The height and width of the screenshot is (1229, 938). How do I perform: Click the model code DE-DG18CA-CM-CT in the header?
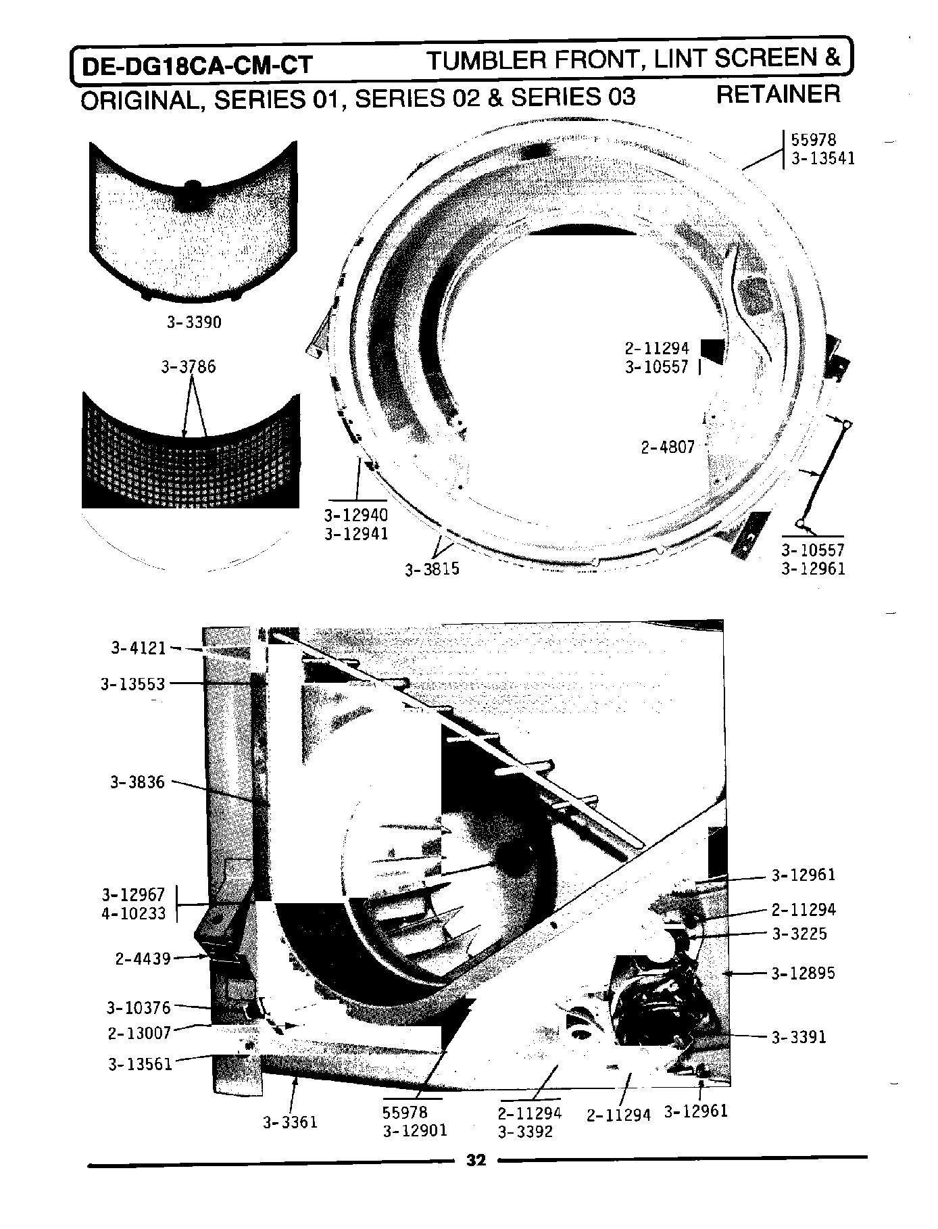click(197, 66)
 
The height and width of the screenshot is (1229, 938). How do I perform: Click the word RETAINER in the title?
click(778, 93)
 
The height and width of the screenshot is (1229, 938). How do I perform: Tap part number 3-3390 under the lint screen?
click(194, 322)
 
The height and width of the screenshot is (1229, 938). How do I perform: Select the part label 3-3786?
click(189, 367)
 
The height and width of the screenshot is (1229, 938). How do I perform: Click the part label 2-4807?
click(668, 448)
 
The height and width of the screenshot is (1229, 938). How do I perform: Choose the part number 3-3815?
click(432, 569)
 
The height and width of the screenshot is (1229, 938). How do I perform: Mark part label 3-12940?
click(356, 515)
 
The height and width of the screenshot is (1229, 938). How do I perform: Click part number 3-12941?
click(356, 533)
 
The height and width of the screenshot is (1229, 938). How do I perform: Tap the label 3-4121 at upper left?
click(139, 648)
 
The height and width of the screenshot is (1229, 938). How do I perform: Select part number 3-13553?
click(133, 684)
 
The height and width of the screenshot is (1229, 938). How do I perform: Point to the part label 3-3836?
click(137, 782)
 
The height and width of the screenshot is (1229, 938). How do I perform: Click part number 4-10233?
click(133, 913)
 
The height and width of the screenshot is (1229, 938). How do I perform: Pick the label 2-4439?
click(143, 958)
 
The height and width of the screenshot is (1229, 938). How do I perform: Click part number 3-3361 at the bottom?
click(290, 1123)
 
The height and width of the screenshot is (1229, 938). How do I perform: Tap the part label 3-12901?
click(415, 1131)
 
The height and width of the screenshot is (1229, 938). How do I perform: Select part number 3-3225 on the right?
click(799, 934)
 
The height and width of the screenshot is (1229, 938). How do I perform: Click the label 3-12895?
click(803, 973)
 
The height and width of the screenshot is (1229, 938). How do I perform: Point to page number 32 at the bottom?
click(476, 1160)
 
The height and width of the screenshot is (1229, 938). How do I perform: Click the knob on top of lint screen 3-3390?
click(193, 184)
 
